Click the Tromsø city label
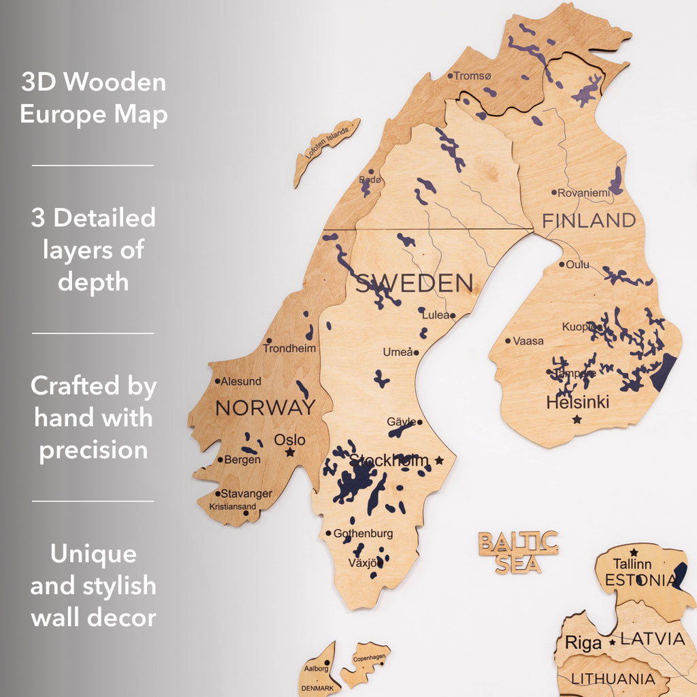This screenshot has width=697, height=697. (x=472, y=76)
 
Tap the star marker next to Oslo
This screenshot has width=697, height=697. (x=291, y=452)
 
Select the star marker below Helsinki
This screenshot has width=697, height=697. (x=577, y=419)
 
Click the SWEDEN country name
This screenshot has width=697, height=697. (x=414, y=283)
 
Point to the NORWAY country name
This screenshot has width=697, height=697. (x=265, y=408)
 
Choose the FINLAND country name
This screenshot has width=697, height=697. (x=589, y=221)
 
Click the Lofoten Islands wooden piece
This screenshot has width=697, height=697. (x=327, y=151)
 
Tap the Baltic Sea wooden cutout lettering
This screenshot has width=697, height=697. (x=518, y=552)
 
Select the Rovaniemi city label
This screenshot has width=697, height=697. (x=584, y=193)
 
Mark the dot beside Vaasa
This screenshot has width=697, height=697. (x=508, y=340)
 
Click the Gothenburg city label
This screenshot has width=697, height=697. (x=363, y=534)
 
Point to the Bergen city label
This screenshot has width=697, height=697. (x=242, y=459)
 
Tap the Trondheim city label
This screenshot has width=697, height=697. (x=289, y=348)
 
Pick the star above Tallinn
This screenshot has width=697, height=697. (x=634, y=552)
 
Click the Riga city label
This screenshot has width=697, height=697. (x=583, y=643)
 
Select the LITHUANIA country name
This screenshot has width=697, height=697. (x=613, y=679)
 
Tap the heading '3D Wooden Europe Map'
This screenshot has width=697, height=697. (x=93, y=98)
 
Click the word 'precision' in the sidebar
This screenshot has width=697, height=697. (x=93, y=450)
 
